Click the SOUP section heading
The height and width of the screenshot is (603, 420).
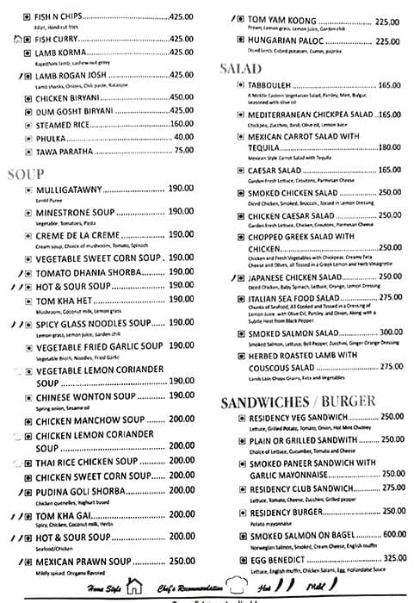(x=25, y=174)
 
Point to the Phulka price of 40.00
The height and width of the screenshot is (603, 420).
(x=183, y=137)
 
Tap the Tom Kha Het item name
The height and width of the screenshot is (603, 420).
(x=62, y=299)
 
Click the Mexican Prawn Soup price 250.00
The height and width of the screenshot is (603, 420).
(x=182, y=561)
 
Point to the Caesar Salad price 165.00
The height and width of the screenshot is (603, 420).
(x=390, y=170)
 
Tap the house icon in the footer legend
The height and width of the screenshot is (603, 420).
(x=133, y=587)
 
